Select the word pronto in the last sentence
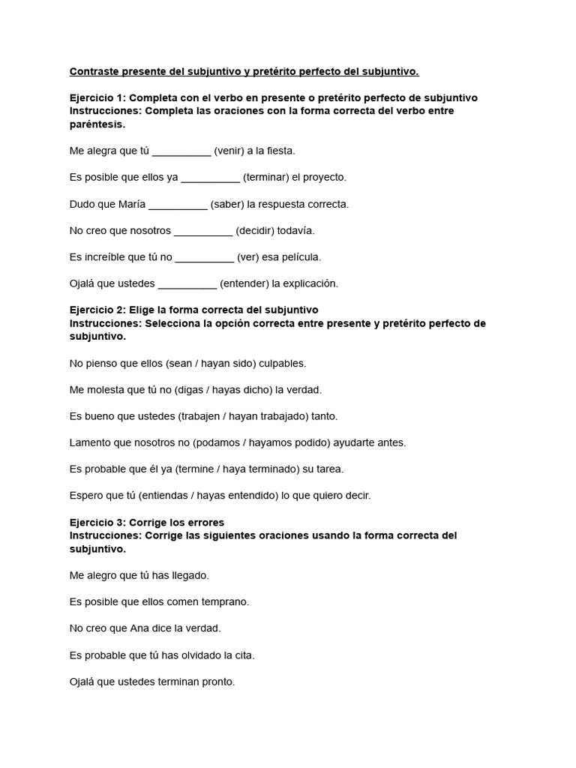coord(219,682)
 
